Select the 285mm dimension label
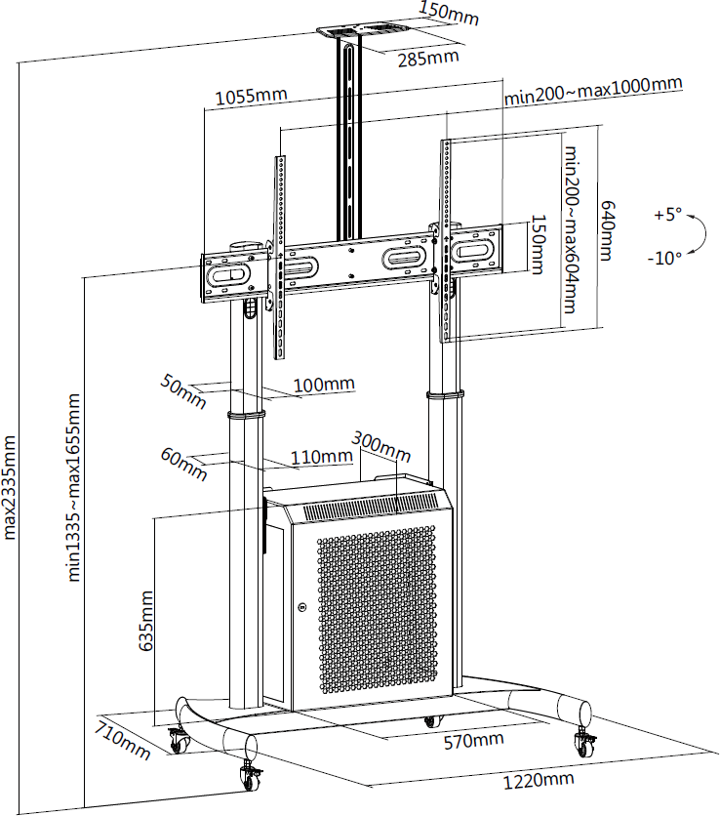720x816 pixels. point(427,58)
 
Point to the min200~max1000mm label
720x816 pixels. point(592,87)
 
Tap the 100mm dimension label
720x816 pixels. point(324,385)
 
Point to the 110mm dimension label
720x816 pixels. point(321,456)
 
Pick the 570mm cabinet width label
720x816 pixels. point(473,741)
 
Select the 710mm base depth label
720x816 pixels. point(122,739)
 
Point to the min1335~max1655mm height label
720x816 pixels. point(75,488)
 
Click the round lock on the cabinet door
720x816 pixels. point(302,609)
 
